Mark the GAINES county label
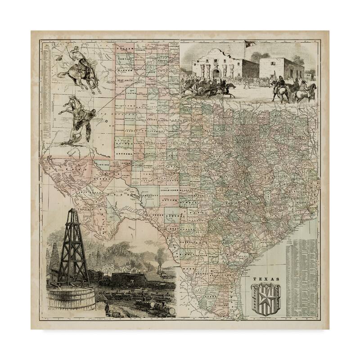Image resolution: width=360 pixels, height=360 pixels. pyautogui.click(x=122, y=142)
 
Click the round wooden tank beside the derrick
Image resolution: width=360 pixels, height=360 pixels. pyautogui.click(x=72, y=297)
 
